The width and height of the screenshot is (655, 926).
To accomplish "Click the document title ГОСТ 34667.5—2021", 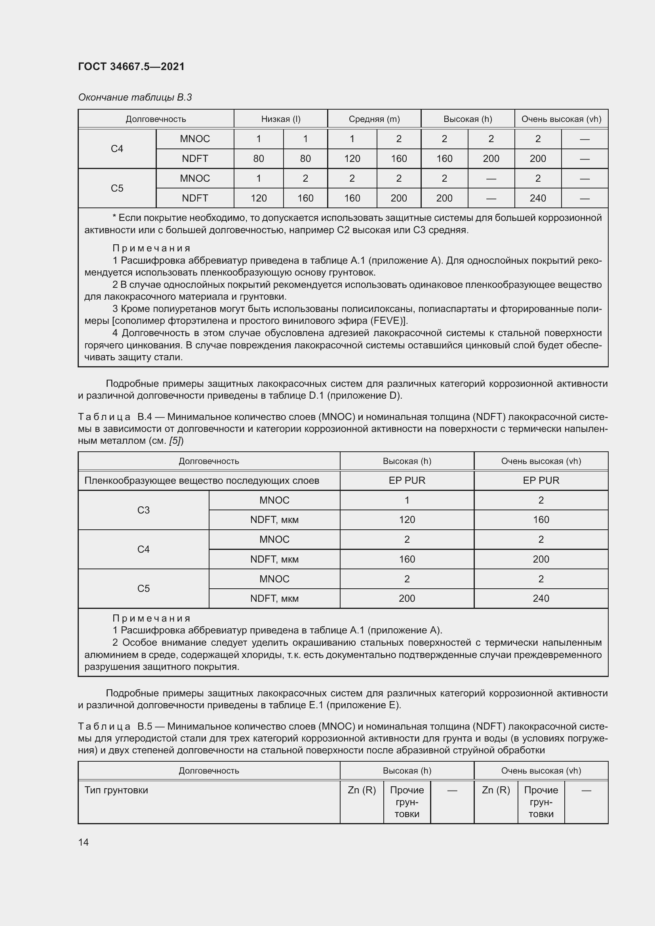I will click(x=131, y=67).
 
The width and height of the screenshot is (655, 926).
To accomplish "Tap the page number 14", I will click(x=84, y=842).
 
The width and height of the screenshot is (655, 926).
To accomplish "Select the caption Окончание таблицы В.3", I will click(x=135, y=97).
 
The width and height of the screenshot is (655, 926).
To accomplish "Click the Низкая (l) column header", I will click(x=281, y=119).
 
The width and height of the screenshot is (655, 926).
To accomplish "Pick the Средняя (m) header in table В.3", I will click(x=374, y=119).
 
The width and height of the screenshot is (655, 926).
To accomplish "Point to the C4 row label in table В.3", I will click(x=117, y=149).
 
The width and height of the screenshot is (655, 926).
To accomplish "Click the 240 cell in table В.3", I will click(x=538, y=198).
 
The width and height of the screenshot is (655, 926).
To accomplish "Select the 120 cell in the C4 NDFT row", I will click(x=352, y=158).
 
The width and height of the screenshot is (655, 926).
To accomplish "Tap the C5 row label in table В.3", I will click(x=117, y=188).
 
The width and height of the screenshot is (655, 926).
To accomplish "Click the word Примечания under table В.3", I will click(x=151, y=248).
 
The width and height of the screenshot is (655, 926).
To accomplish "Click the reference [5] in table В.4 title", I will click(x=175, y=441).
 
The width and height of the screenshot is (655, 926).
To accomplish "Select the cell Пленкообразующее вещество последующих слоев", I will click(x=202, y=480).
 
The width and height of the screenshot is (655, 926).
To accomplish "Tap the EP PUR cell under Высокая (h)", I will click(x=407, y=480).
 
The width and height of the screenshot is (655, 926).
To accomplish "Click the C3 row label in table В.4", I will click(x=143, y=510).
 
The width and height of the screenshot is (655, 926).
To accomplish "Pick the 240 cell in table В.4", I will click(x=541, y=598).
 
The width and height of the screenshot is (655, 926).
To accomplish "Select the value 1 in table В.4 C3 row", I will click(x=407, y=500).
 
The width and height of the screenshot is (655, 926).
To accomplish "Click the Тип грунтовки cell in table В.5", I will click(x=116, y=790).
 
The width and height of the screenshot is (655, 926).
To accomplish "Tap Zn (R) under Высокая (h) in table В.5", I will click(x=362, y=790).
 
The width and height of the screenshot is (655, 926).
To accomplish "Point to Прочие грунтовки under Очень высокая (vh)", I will click(x=541, y=802).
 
